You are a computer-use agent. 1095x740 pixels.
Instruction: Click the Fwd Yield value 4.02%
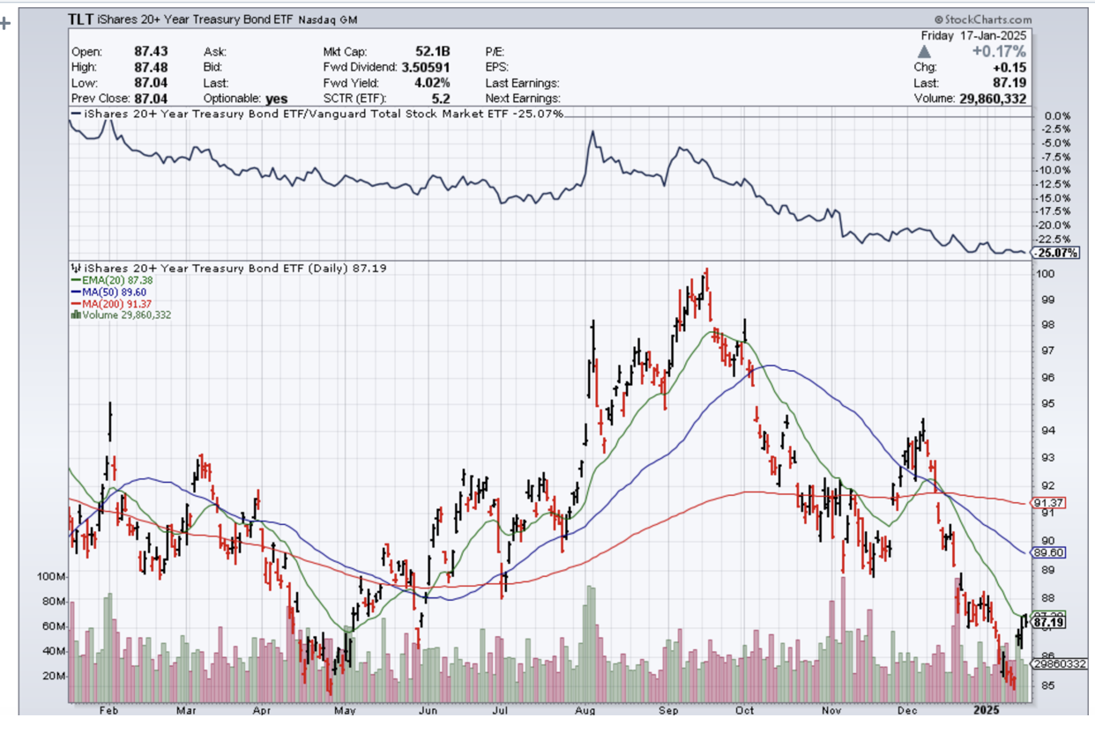(435, 83)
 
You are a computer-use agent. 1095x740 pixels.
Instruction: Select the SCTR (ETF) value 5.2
(442, 99)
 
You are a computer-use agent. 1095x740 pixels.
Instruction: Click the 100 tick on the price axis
(1046, 274)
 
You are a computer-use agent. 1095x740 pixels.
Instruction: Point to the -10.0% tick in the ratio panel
(1056, 170)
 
